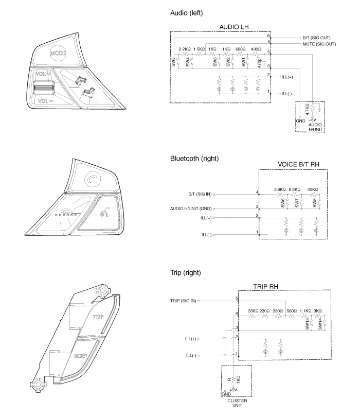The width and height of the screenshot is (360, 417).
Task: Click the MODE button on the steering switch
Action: (x=58, y=53)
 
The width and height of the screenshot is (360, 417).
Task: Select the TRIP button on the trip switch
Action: (x=98, y=318)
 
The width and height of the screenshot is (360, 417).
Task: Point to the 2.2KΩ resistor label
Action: (x=184, y=49)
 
